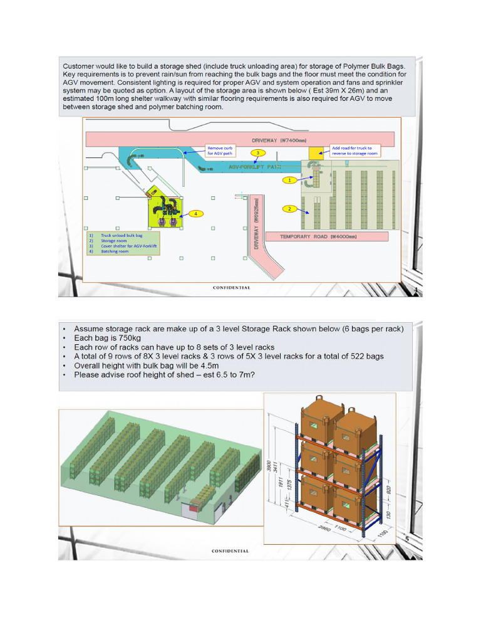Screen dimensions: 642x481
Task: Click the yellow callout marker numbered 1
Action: [x=289, y=180]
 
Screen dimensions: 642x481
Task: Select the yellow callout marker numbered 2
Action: [x=289, y=209]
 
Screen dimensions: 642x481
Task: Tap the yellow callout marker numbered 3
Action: [x=256, y=152]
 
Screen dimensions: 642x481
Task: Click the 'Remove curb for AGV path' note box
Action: [x=223, y=150]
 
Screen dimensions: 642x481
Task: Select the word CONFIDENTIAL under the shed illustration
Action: [x=230, y=551]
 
